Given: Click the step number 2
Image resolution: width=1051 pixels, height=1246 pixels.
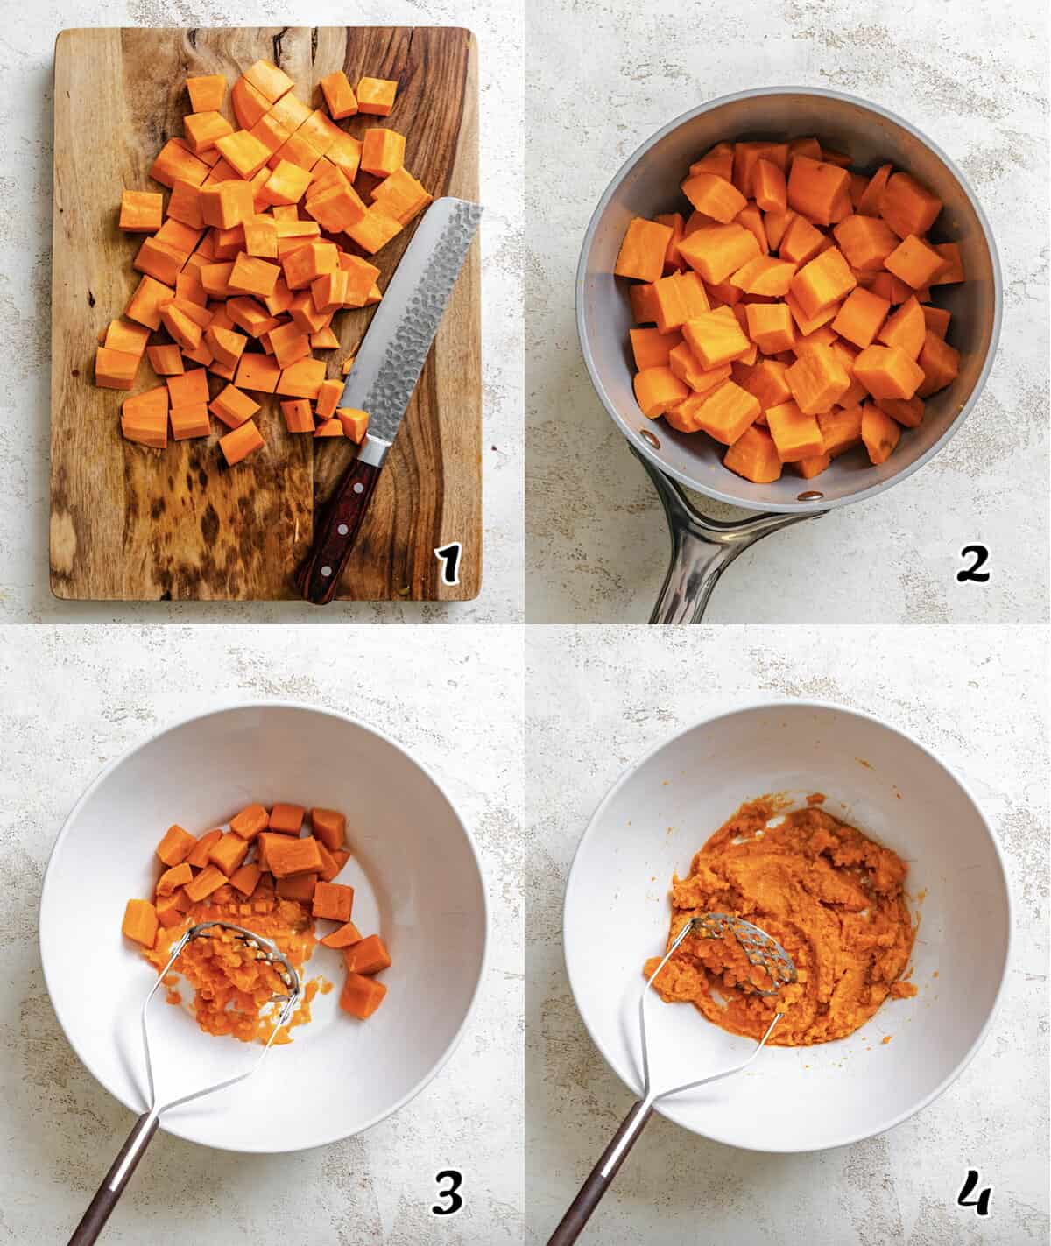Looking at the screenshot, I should (972, 566).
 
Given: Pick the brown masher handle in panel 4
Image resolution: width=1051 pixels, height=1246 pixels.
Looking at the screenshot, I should (596, 1191).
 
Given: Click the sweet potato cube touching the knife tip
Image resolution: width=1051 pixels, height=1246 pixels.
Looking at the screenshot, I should (354, 424).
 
